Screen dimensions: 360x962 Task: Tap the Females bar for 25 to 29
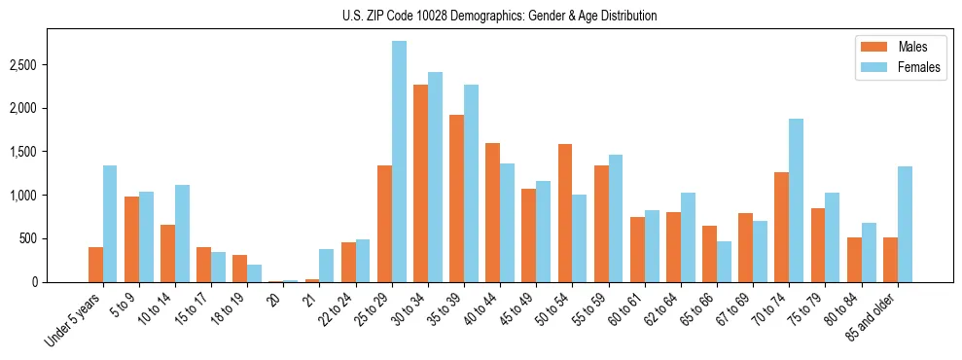399,162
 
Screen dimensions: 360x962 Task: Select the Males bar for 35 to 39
456,198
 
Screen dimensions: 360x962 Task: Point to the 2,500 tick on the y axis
24,65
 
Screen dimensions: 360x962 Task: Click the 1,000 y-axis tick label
24,196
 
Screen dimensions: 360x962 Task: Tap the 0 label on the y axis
35,282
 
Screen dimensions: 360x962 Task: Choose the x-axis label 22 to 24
335,310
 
